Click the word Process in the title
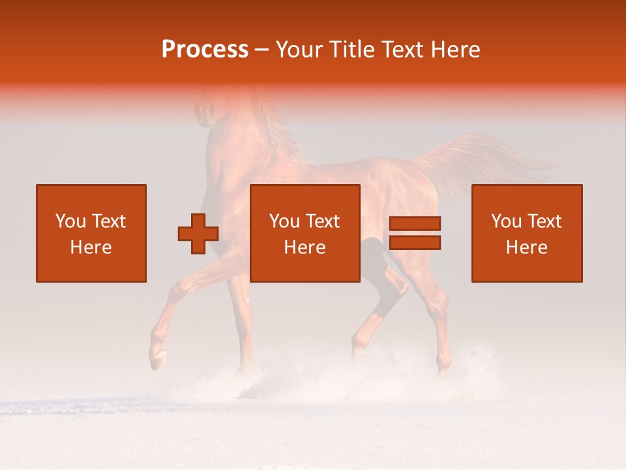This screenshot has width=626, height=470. (205, 50)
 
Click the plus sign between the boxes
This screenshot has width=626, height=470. (198, 234)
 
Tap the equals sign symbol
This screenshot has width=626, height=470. (415, 233)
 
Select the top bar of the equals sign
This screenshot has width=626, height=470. (415, 223)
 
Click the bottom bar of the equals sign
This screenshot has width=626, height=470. (415, 243)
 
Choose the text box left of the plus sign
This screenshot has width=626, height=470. (91, 233)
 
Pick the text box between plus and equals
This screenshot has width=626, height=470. (305, 233)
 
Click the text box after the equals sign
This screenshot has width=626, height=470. (526, 233)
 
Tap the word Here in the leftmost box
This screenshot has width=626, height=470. (91, 247)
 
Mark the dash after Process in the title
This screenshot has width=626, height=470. (261, 50)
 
